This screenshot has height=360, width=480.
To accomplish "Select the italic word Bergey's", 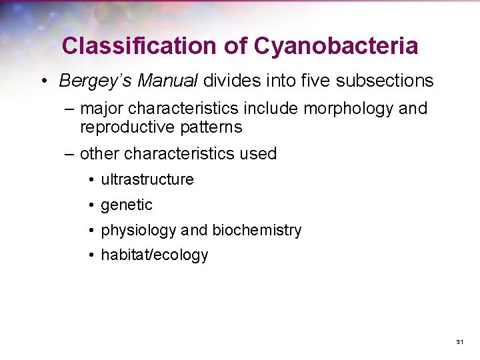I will coord(94,81).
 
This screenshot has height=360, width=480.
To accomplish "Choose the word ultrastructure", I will coord(147,179).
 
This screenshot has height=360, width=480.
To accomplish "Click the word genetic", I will coord(127,205).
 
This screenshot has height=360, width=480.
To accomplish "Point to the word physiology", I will coord(139,231).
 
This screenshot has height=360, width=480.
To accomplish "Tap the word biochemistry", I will coord(257,231).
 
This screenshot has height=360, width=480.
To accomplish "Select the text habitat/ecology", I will coord(155,255).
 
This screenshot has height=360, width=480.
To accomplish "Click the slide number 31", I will coord(459,342).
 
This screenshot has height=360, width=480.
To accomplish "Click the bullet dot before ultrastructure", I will coord(89,180).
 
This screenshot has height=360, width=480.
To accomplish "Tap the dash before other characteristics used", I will coord(69,154).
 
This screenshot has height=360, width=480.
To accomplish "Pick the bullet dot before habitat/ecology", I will coord(89,255).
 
